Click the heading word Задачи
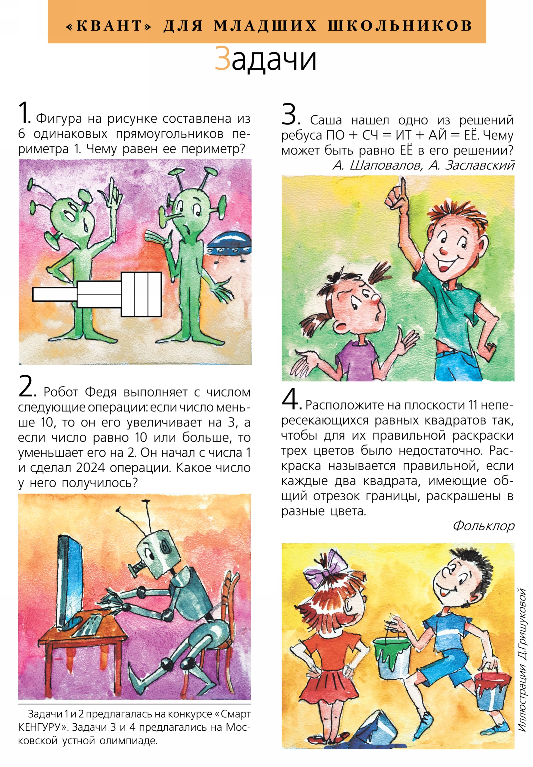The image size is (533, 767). (265, 59)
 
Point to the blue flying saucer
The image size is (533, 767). (229, 245)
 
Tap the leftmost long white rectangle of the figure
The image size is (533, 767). (55, 294)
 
